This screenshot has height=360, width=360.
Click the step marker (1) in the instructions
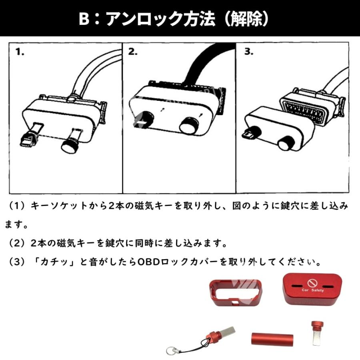[17, 206]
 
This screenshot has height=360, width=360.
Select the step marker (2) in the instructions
[17, 243]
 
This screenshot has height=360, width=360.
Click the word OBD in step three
[150, 263]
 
